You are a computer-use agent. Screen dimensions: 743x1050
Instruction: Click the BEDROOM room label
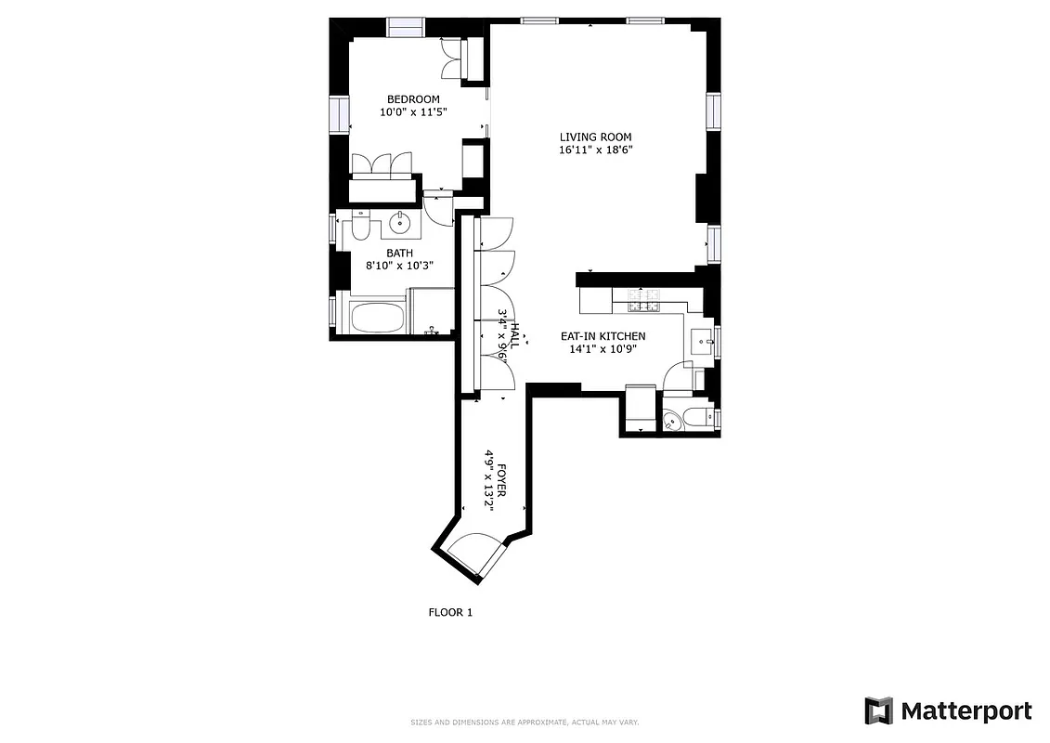413,99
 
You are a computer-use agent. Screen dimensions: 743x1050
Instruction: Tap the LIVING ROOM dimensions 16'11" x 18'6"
595,150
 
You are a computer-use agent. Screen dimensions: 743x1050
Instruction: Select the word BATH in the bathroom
400,253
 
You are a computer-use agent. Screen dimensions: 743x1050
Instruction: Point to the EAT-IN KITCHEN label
603,336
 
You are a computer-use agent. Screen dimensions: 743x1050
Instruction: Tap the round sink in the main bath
402,223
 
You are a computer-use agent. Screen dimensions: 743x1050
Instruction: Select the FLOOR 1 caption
450,612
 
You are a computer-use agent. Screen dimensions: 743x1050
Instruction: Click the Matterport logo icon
878,711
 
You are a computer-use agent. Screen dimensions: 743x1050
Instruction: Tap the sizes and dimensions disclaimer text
525,722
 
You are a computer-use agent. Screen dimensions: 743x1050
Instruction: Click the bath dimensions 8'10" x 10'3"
400,266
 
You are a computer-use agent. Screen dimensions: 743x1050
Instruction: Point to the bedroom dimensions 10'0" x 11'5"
413,112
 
